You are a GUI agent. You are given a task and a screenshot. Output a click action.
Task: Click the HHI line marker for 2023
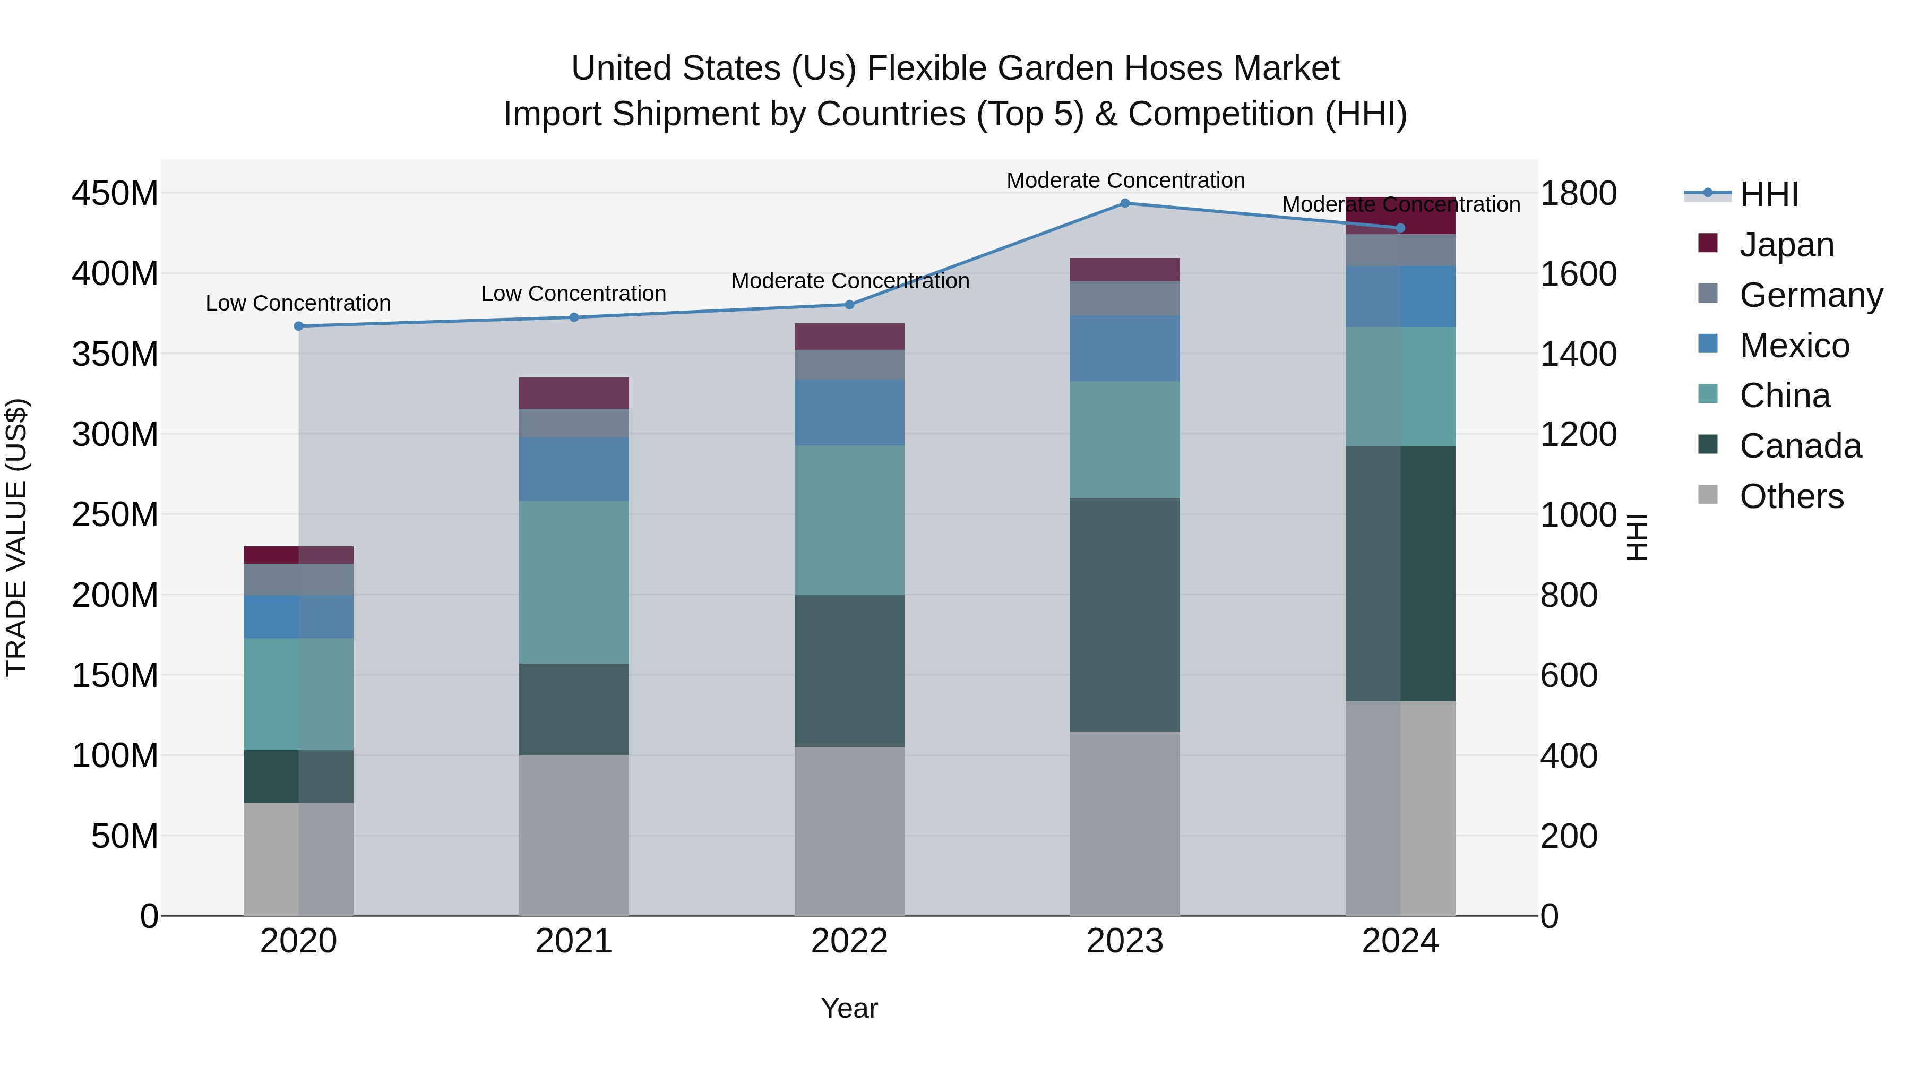(1125, 203)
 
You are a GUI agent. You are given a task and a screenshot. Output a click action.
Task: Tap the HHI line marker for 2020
(299, 326)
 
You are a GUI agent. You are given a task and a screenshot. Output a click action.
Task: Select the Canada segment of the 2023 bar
(1125, 614)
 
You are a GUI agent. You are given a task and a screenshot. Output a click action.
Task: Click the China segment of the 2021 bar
(573, 582)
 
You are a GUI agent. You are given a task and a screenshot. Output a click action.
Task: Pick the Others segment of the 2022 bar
(849, 831)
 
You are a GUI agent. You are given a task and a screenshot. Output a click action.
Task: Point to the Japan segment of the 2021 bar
(573, 393)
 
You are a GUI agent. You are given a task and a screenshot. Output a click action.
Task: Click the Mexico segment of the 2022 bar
(849, 412)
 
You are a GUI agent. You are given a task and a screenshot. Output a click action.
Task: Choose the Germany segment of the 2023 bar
(1125, 298)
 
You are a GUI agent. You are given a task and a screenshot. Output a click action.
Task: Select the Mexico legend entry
(1793, 346)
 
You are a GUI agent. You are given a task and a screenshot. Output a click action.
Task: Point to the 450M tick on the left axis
(115, 194)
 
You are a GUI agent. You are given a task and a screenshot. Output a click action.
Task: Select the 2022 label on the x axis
(849, 941)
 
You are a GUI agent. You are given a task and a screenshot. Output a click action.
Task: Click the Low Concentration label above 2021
(573, 294)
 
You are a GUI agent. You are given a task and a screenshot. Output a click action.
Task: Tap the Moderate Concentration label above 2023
(1125, 181)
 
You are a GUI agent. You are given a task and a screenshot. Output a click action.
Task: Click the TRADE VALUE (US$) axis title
(16, 537)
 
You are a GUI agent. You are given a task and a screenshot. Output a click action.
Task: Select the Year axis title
(849, 1008)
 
